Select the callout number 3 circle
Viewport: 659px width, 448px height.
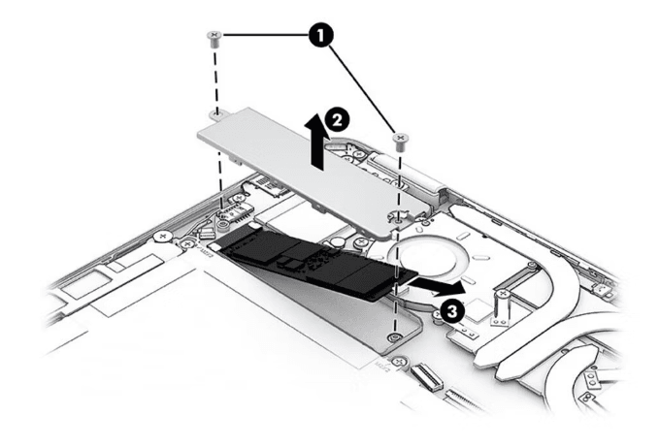pos(450,310)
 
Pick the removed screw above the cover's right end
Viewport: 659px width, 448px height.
pos(398,140)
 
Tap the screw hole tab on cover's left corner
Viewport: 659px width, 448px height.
pos(218,115)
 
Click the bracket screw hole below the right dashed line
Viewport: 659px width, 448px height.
pos(393,336)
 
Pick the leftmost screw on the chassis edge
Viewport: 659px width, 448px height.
pos(166,236)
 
